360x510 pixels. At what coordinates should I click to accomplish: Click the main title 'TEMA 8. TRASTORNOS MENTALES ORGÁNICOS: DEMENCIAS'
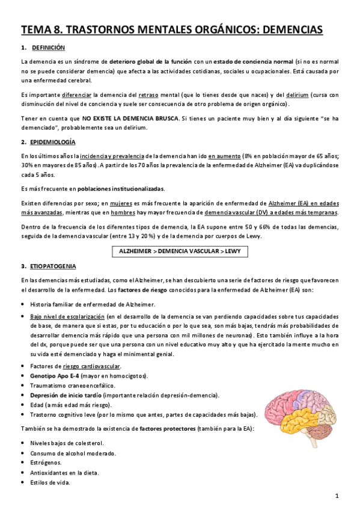172,29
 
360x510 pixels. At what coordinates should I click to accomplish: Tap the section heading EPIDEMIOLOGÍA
53,142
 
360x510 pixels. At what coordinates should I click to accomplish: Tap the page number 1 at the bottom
338,496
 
